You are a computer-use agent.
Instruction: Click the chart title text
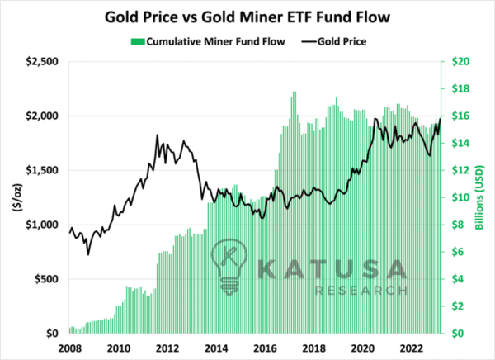pos(247,17)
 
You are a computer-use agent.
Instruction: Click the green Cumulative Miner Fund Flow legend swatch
pos(138,42)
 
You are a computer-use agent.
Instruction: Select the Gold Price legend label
pos(342,42)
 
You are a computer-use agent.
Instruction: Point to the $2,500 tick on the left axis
pos(42,61)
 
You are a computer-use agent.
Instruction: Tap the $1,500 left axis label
pos(42,170)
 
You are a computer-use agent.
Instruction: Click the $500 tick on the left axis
pos(47,279)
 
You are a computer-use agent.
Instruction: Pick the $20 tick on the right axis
pos(460,61)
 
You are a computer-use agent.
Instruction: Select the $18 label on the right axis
pos(460,88)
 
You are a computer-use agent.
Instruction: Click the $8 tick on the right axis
pos(458,225)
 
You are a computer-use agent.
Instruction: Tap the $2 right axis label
pos(458,306)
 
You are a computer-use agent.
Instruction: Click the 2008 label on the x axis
pos(70,348)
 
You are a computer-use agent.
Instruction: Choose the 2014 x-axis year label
pos(216,348)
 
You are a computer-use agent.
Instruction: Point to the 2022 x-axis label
pos(412,348)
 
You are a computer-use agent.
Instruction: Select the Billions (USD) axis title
pos(479,197)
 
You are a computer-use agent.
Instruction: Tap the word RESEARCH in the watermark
pos(361,290)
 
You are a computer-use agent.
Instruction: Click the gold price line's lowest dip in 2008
pos(88,254)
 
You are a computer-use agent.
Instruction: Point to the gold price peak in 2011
pos(158,135)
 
